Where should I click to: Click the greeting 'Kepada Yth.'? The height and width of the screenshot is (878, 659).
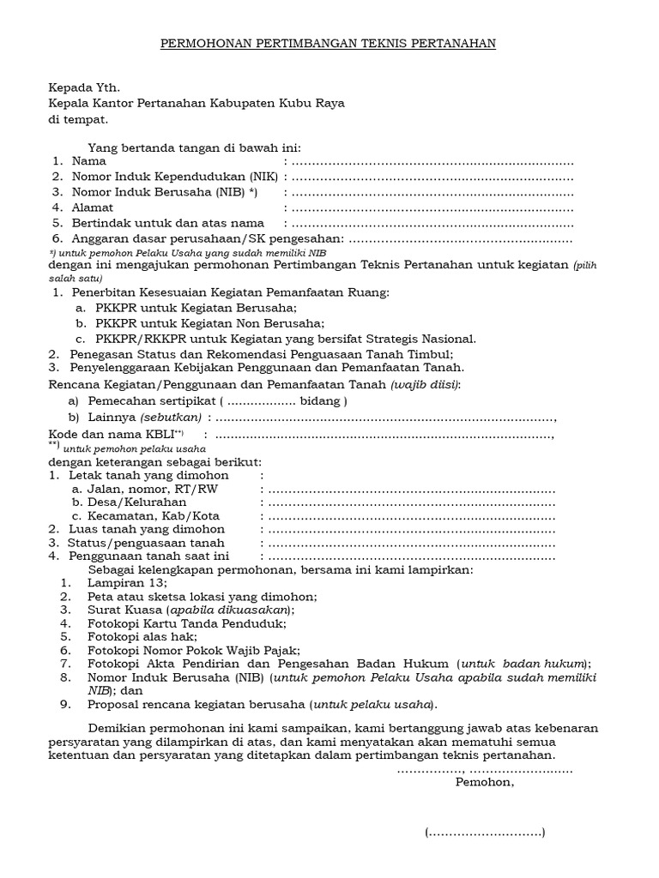click(x=83, y=87)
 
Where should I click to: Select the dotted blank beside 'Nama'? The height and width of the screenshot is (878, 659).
click(x=432, y=161)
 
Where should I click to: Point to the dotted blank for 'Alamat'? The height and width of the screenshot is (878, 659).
click(x=432, y=207)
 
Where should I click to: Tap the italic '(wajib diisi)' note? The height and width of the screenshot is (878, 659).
click(x=425, y=385)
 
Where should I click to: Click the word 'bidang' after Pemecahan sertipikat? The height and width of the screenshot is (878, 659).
click(x=319, y=400)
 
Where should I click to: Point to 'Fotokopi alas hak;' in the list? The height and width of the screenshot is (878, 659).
click(x=142, y=637)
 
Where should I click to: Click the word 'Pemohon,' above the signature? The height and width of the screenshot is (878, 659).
click(x=485, y=783)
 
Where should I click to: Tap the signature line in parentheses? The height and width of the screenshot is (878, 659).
click(x=485, y=833)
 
